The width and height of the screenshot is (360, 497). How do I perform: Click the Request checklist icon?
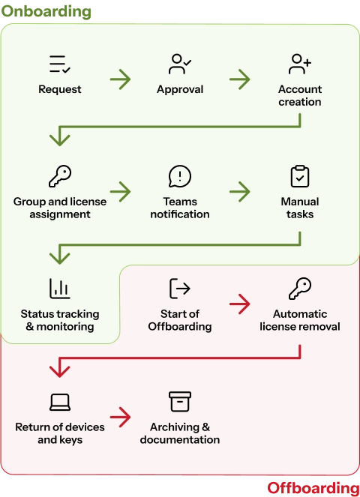pyautogui.click(x=60, y=64)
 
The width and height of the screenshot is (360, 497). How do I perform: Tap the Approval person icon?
pyautogui.click(x=180, y=64)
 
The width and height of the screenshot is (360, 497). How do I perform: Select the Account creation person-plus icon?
pyautogui.click(x=300, y=64)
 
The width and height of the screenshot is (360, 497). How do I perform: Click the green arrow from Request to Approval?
pyautogui.click(x=120, y=79)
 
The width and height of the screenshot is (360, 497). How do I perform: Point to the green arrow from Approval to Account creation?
pyautogui.click(x=240, y=79)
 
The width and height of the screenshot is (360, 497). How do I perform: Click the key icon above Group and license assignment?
pyautogui.click(x=60, y=176)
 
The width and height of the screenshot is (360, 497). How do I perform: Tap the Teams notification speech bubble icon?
pyautogui.click(x=180, y=176)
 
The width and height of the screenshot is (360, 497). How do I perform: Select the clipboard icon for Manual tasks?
pyautogui.click(x=300, y=176)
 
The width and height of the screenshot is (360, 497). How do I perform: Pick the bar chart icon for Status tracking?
pyautogui.click(x=60, y=289)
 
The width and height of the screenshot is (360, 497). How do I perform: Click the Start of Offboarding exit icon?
pyautogui.click(x=180, y=289)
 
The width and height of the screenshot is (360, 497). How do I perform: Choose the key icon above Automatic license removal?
pyautogui.click(x=300, y=289)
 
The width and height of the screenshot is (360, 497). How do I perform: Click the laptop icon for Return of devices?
pyautogui.click(x=60, y=402)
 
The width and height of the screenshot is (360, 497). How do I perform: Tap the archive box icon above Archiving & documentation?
pyautogui.click(x=180, y=401)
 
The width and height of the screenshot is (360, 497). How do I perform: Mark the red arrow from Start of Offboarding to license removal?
pyautogui.click(x=240, y=304)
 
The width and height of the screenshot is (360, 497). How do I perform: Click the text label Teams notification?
pyautogui.click(x=180, y=208)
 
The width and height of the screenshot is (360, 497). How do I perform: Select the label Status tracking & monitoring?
pyautogui.click(x=60, y=320)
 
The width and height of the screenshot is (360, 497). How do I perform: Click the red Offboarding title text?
pyautogui.click(x=312, y=489)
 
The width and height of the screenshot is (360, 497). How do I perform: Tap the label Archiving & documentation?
pyautogui.click(x=180, y=433)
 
